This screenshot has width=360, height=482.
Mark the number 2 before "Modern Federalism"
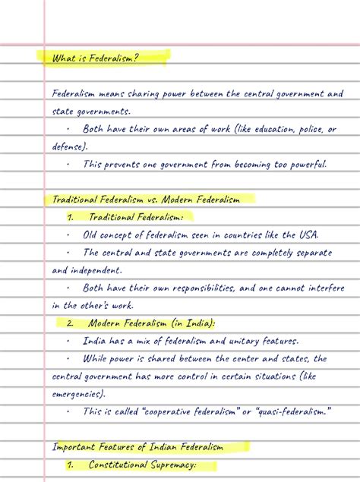(x=70, y=323)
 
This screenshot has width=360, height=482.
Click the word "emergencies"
(x=78, y=394)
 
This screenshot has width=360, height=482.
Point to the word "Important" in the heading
(x=74, y=447)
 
